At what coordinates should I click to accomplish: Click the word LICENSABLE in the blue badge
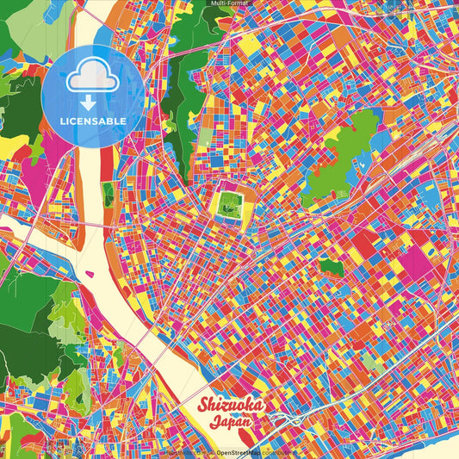(x=94, y=119)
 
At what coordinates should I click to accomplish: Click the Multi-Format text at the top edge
(x=229, y=3)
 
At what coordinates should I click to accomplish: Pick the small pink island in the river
(x=89, y=269)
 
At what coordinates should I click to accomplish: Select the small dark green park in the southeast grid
(x=332, y=268)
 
